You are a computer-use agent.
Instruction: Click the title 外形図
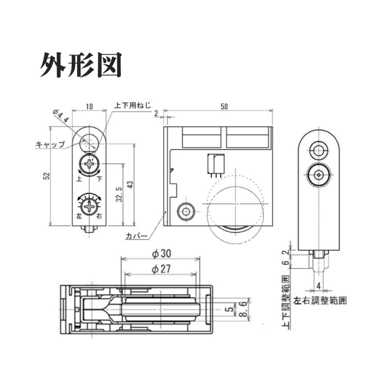(x=81, y=65)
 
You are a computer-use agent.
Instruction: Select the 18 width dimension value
(x=89, y=107)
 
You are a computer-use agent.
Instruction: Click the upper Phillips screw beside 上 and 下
(x=90, y=163)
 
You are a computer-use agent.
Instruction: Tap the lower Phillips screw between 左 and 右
(x=90, y=207)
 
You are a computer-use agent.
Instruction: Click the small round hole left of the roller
(x=186, y=211)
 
